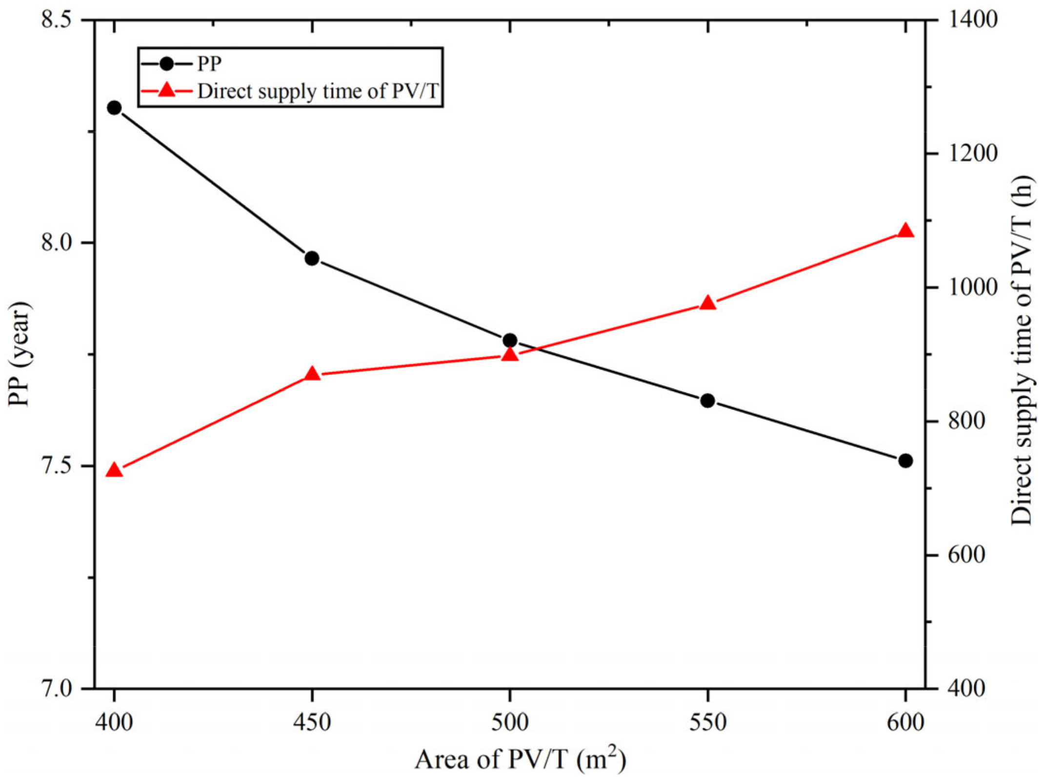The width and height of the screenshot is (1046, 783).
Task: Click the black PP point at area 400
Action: [114, 108]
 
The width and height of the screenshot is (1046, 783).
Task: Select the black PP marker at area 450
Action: [312, 258]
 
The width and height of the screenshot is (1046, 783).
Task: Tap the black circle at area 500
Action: [510, 340]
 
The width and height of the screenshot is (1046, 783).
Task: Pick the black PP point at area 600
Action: [905, 460]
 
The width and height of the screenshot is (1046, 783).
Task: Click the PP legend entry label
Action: [209, 63]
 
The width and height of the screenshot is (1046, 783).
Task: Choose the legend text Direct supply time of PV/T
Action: [318, 91]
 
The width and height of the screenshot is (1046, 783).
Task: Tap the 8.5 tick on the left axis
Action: [56, 21]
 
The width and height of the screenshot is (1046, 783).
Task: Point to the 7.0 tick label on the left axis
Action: [56, 689]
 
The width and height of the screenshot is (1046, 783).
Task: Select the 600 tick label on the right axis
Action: [966, 555]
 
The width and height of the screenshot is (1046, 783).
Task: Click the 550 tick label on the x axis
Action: [708, 722]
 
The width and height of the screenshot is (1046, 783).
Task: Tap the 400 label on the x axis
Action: [114, 722]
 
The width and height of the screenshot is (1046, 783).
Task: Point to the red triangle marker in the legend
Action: [166, 90]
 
